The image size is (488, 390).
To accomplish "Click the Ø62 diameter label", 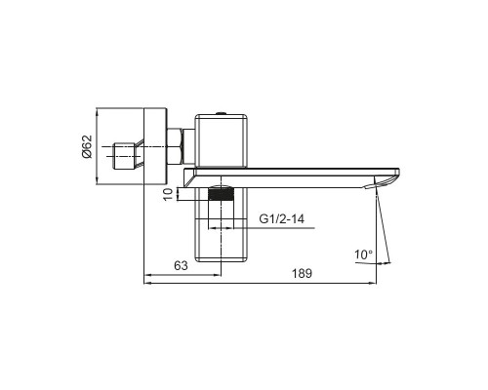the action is point(87,146).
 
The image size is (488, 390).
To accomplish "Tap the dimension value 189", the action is point(302,274).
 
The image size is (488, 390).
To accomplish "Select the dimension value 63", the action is point(181,266).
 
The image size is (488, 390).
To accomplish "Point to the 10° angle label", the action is point(364,254).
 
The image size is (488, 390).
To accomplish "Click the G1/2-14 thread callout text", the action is point(282,218).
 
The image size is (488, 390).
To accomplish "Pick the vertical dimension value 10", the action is point(168,194).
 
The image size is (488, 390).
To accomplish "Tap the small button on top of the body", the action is point(222,113).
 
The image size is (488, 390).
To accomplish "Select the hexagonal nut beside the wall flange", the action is point(175,147).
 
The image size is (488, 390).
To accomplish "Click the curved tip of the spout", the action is point(386,180).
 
